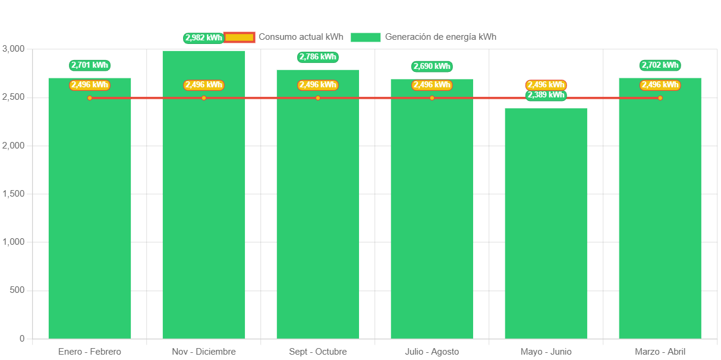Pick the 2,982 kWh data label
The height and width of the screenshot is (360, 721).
(x=203, y=38)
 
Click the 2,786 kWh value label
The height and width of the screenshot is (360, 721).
(x=317, y=57)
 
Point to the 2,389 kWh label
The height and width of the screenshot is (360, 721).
(x=546, y=95)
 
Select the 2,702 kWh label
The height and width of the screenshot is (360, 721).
(x=660, y=65)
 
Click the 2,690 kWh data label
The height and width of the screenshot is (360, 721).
(x=432, y=67)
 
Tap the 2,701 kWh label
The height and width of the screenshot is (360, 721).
(x=89, y=65)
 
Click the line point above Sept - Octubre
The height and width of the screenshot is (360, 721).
(x=318, y=98)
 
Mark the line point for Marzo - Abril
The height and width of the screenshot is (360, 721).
(x=660, y=98)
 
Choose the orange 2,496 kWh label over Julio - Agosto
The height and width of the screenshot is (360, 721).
(x=432, y=85)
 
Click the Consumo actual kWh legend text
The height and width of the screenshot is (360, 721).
(x=301, y=37)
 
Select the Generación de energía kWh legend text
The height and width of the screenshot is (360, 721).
(x=440, y=37)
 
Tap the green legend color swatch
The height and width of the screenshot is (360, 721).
(x=365, y=37)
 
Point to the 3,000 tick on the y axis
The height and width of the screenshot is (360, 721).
(x=14, y=49)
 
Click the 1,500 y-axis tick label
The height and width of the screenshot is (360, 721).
(x=14, y=194)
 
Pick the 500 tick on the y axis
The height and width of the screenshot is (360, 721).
(x=18, y=290)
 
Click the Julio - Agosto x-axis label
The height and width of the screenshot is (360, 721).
(x=432, y=352)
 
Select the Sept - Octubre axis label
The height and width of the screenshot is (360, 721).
(x=317, y=352)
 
